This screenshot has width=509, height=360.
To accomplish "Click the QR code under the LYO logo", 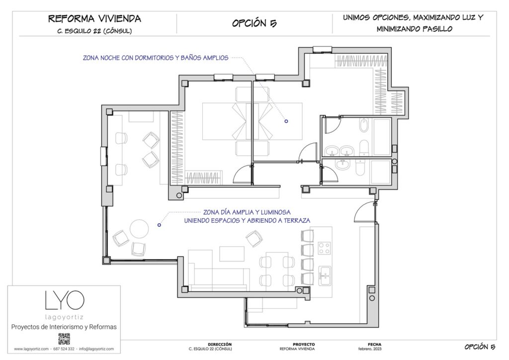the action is tap(64, 339).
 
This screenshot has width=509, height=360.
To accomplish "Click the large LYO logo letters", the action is tap(65, 300).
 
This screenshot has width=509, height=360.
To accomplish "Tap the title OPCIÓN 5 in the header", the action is tap(254, 23).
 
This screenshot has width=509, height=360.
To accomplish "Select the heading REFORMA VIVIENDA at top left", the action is tap(94, 18).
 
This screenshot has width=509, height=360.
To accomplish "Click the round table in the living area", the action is tap(139, 229).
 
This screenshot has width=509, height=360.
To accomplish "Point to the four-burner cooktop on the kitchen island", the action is tap(324, 248).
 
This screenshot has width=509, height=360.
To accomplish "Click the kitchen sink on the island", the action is tap(324, 275).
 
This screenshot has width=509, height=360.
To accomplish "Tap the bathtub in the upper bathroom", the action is tap(364, 125).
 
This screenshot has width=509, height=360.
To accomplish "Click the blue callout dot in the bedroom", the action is tap(286, 121).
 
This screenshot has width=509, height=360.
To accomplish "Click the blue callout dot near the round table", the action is tap(159, 225).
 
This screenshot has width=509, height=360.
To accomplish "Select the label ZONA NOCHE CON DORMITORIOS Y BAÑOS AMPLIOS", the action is tap(156, 58).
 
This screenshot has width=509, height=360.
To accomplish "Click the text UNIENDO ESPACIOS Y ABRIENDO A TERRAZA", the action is tap(247, 220).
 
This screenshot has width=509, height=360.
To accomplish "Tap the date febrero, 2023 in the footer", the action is tap(370, 349).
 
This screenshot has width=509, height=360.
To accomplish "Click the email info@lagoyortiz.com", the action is tap(96, 349).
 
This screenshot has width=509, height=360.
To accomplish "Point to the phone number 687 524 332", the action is tap(64, 349).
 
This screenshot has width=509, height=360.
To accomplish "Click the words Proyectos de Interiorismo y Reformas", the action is tap(64, 327).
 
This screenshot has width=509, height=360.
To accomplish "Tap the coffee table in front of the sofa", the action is tap(232, 254).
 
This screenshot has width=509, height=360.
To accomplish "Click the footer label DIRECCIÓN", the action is tap(220, 345).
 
